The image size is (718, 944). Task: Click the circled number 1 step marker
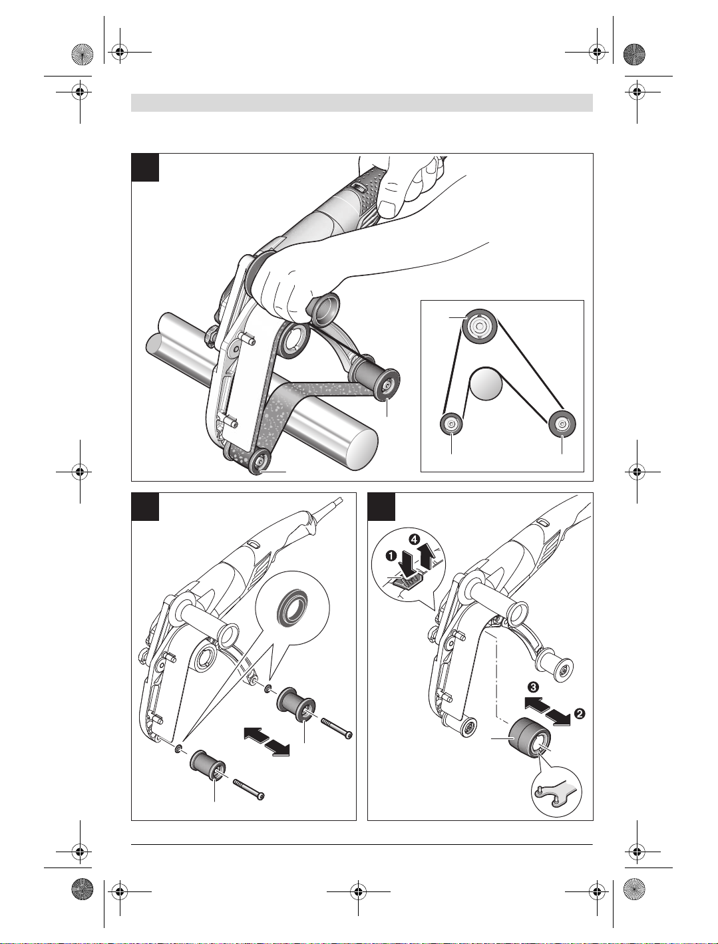(x=391, y=555)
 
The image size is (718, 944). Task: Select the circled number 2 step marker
(x=580, y=714)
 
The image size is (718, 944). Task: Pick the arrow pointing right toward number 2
(x=558, y=716)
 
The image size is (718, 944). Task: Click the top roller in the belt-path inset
(x=480, y=327)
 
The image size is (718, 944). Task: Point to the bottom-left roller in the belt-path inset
(x=451, y=424)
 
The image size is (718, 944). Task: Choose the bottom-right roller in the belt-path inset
(x=562, y=424)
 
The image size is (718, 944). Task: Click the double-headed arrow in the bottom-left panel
(x=266, y=740)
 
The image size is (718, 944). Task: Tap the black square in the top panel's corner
(x=145, y=167)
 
